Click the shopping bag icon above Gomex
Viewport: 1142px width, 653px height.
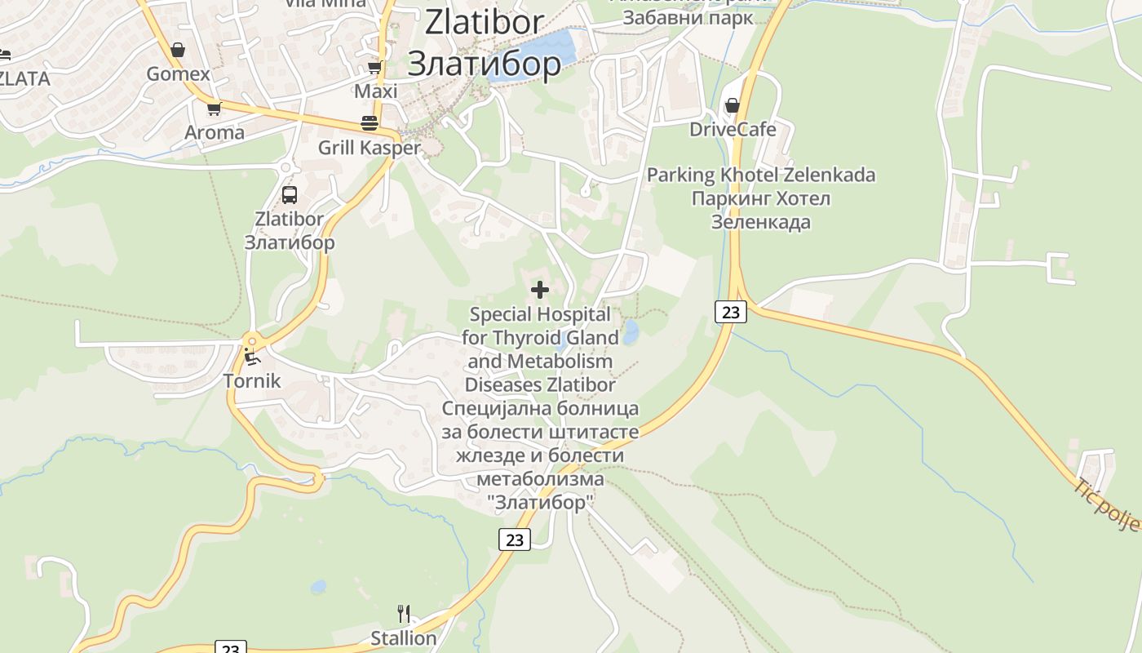pos(178,51)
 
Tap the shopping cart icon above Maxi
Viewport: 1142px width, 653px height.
pos(374,67)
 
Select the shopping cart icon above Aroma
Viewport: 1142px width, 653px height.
pos(214,109)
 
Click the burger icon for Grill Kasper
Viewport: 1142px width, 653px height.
pos(370,123)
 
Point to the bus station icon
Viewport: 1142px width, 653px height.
pos(290,195)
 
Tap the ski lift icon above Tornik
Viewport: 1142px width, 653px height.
pos(252,358)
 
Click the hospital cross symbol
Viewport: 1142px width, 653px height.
pos(539,290)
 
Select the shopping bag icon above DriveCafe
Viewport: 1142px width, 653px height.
pos(733,105)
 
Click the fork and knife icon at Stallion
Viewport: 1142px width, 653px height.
pos(403,613)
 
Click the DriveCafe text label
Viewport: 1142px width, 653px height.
pos(733,130)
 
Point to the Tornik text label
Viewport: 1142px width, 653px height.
pos(252,380)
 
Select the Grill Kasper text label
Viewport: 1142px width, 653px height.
pos(370,148)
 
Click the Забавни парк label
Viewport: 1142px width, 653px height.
pos(688,18)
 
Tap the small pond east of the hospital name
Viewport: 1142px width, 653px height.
pos(631,332)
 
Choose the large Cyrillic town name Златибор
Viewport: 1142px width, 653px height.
pos(485,64)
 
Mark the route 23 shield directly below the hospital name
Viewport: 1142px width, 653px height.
pos(514,540)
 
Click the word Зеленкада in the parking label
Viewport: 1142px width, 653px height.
pos(761,222)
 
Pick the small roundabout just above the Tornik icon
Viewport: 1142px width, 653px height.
pos(251,341)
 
